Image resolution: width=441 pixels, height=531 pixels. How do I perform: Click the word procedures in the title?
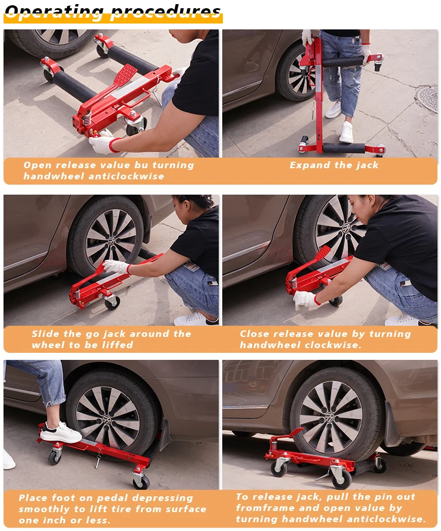(x=165, y=12)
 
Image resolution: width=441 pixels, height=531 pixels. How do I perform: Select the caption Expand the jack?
(x=333, y=165)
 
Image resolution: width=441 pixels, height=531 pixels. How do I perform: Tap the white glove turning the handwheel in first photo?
(x=101, y=142)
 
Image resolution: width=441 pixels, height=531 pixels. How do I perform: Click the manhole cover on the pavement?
(x=427, y=98)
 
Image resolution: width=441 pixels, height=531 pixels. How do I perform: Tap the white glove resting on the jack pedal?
(x=116, y=267)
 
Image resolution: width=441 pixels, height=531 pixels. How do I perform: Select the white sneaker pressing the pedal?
(x=61, y=433)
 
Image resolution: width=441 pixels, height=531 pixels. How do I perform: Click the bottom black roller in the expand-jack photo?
(x=343, y=148)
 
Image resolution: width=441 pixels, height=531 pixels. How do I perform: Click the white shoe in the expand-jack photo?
(x=346, y=132)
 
